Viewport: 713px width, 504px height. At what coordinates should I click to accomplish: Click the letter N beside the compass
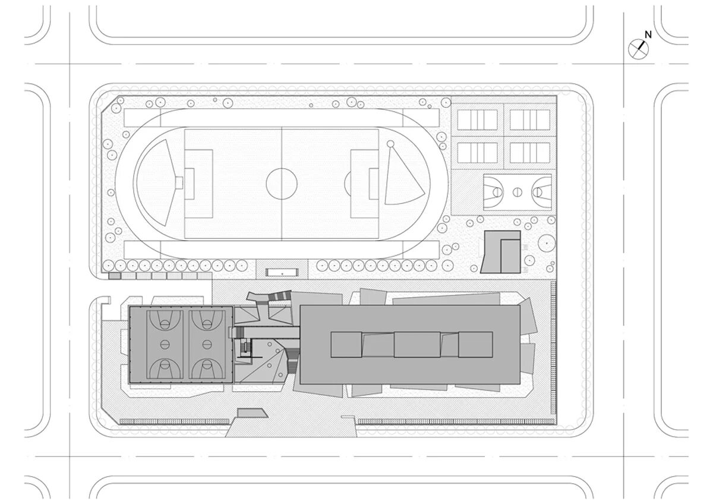click(x=648, y=35)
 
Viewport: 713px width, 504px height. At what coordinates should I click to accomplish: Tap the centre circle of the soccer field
click(x=281, y=184)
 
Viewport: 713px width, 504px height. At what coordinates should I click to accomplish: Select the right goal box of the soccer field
click(x=373, y=184)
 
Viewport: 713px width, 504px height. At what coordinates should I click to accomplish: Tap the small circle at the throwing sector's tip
click(x=391, y=144)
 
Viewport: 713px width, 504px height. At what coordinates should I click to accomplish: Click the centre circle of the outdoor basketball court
click(x=517, y=192)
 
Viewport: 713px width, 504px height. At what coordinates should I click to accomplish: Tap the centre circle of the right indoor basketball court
click(x=207, y=343)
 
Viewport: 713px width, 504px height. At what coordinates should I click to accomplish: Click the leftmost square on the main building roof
click(x=346, y=344)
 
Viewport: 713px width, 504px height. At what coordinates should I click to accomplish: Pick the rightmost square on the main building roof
click(x=475, y=344)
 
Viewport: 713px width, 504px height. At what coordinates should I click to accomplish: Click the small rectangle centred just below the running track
click(x=282, y=272)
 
